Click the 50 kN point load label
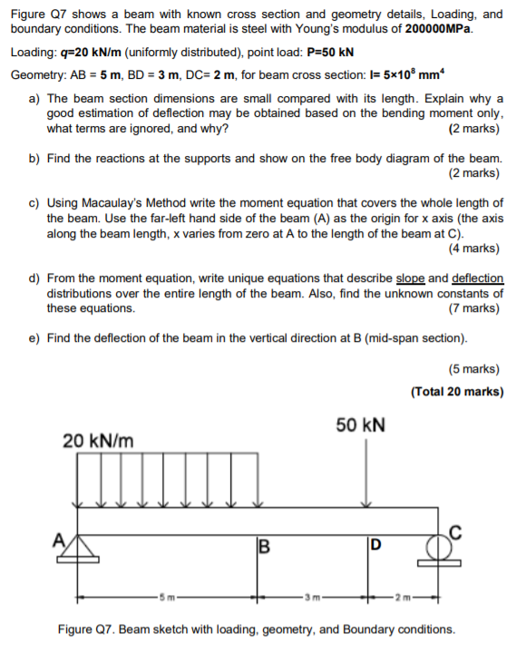pos(360,425)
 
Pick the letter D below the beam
pos(373,546)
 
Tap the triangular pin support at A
pos(80,549)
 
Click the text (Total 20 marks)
pos(457,392)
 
